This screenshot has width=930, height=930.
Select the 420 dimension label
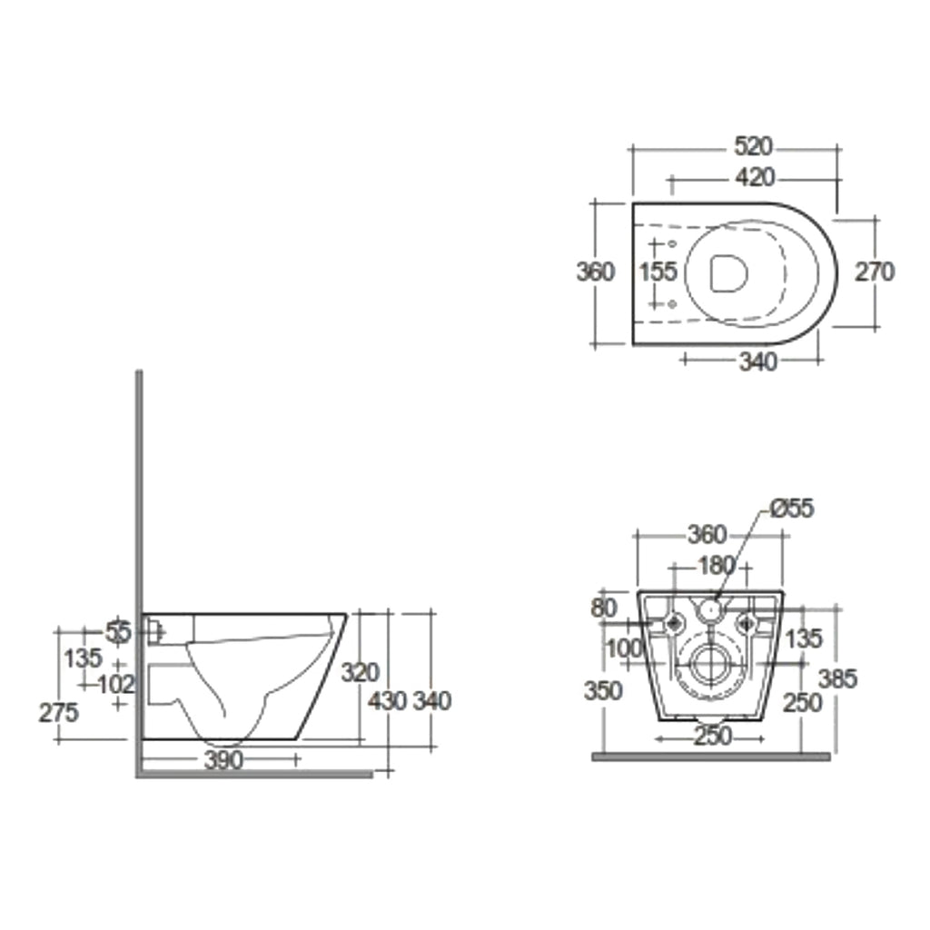point(749,177)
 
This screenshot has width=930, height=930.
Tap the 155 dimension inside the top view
point(658,272)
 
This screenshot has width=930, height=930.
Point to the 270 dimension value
point(876,272)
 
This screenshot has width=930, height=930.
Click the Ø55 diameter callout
point(791,510)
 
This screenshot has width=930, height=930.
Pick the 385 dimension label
point(837,678)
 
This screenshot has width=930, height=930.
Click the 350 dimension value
point(603,691)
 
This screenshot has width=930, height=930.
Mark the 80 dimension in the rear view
point(604,608)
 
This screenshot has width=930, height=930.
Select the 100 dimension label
point(623,648)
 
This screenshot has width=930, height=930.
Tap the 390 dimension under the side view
point(223,760)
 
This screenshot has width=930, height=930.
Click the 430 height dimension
point(388,700)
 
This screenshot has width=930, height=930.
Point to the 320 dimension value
point(360,672)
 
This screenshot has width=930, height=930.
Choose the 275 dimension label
point(58,713)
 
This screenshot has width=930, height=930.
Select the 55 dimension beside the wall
point(118,630)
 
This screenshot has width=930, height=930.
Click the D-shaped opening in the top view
point(728,272)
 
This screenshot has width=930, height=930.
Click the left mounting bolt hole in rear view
point(674,623)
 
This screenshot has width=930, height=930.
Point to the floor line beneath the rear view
point(710,756)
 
